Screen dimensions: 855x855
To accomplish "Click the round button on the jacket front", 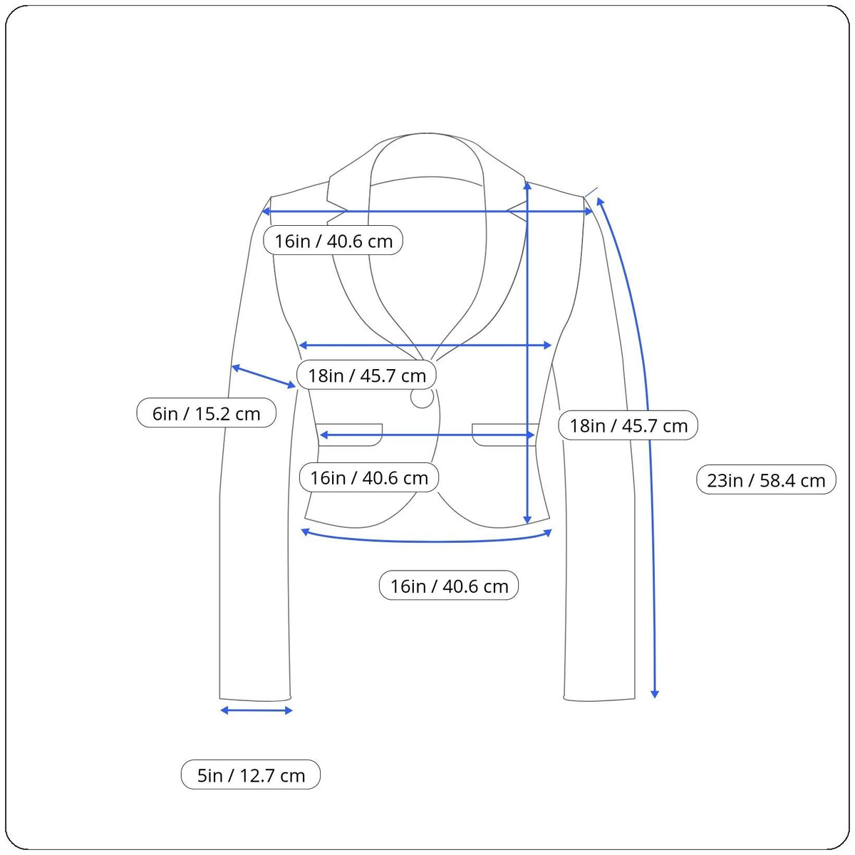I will click(422, 398).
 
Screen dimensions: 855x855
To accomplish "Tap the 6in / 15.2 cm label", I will click(206, 413).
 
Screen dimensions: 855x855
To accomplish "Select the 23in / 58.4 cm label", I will click(766, 480).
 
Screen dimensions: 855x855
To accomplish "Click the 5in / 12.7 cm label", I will click(251, 775).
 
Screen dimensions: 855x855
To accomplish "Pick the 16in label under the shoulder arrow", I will click(333, 241).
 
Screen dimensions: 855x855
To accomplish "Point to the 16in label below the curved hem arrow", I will click(449, 586).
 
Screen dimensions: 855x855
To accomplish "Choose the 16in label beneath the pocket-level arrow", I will click(369, 477).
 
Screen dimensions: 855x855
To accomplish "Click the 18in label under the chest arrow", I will click(367, 375).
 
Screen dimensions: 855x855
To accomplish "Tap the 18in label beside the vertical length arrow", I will click(628, 425).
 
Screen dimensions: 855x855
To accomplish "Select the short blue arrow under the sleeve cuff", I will click(256, 710).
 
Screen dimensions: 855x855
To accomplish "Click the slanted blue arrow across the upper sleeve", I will click(264, 376).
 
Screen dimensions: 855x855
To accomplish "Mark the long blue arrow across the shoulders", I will click(427, 212).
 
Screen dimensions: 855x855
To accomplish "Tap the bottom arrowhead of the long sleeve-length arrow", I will click(655, 693).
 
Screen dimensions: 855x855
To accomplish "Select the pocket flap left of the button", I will click(349, 435).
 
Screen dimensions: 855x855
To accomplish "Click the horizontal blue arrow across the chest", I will click(425, 346).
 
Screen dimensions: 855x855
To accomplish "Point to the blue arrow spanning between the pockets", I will click(427, 435).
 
